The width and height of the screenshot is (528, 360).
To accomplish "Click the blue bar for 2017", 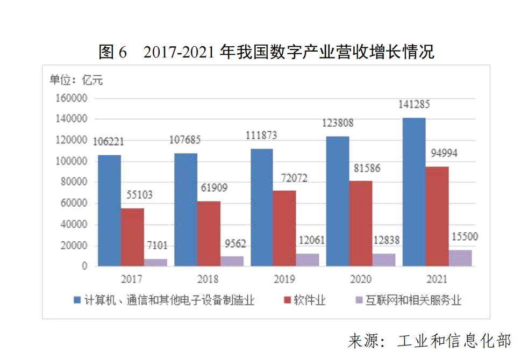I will tap(109, 211).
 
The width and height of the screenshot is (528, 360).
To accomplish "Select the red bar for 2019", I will tap(284, 228).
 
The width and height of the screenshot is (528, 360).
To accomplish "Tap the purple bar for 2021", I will tap(460, 258).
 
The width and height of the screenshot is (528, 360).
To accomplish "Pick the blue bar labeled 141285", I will tap(414, 192).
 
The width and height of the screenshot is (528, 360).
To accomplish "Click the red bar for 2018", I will tap(208, 234).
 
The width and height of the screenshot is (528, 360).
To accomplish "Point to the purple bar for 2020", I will tap(384, 260).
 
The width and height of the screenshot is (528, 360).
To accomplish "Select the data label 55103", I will tap(135, 195).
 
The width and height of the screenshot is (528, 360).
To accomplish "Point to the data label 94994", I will tap(444, 154).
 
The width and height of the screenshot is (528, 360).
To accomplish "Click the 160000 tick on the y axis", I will tap(72, 98).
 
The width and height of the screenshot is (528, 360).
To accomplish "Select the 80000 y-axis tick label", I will tap(74, 182).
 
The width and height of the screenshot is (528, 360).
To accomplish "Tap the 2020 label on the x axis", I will tap(360, 279).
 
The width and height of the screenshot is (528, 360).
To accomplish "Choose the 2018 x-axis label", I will tap(208, 279).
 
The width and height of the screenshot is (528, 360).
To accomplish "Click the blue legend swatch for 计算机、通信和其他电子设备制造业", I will tap(76, 300).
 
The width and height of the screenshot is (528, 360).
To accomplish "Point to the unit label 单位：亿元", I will tap(76, 81).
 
